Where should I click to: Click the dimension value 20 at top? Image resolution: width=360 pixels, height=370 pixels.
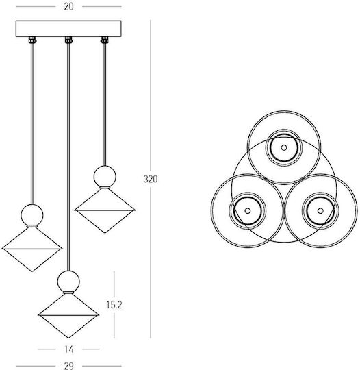[68, 7]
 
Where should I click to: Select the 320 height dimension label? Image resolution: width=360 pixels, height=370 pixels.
[151, 180]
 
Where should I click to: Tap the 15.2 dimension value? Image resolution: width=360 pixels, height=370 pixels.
[114, 305]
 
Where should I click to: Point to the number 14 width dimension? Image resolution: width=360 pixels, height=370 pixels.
[69, 349]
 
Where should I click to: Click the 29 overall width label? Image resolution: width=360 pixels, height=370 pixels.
[68, 366]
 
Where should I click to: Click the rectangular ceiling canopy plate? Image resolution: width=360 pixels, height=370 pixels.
[68, 29]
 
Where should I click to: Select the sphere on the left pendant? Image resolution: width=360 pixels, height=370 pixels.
[32, 215]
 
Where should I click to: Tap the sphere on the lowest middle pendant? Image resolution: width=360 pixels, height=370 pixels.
[68, 282]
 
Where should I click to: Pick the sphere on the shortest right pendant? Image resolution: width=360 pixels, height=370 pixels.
[105, 177]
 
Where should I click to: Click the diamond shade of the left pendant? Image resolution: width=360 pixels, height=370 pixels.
[32, 249]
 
